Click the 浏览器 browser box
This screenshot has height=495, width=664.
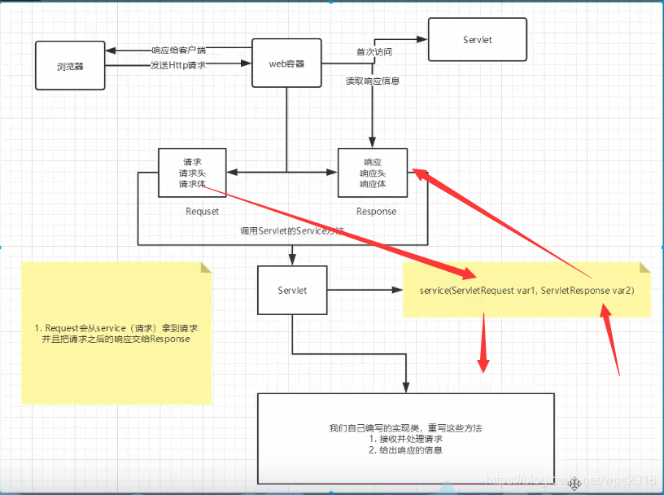71,65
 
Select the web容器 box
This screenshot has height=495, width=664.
286,64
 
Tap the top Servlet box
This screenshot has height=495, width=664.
477,39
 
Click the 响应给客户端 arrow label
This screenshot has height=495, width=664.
178,50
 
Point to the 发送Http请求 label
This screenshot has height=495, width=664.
177,64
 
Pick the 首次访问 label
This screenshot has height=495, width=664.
373,52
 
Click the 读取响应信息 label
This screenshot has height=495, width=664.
372,81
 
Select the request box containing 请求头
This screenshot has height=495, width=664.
193,173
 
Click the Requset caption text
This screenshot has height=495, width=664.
202,212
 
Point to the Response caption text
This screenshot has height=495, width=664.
376,212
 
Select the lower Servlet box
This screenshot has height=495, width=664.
292,290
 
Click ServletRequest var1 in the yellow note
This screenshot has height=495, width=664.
492,291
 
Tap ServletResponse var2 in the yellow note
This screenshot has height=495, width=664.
587,291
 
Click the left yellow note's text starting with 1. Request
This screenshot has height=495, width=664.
116,333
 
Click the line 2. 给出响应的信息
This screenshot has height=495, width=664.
405,450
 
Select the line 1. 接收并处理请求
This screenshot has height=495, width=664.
405,439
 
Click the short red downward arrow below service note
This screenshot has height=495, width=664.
484,346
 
